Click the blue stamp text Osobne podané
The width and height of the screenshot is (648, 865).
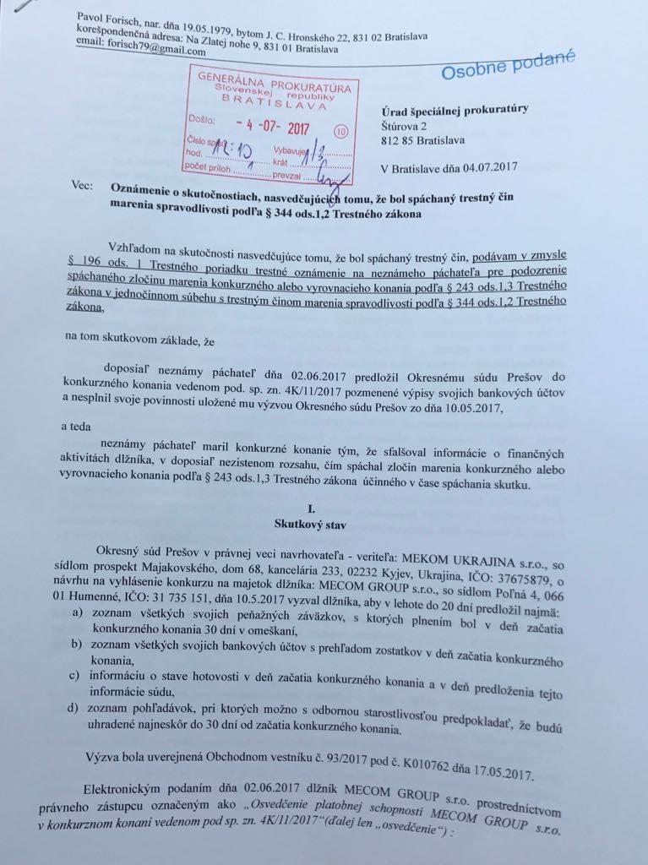point(508,65)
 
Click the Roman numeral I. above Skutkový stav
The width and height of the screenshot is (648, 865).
point(312,509)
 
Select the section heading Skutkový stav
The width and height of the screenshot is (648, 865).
point(311,524)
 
